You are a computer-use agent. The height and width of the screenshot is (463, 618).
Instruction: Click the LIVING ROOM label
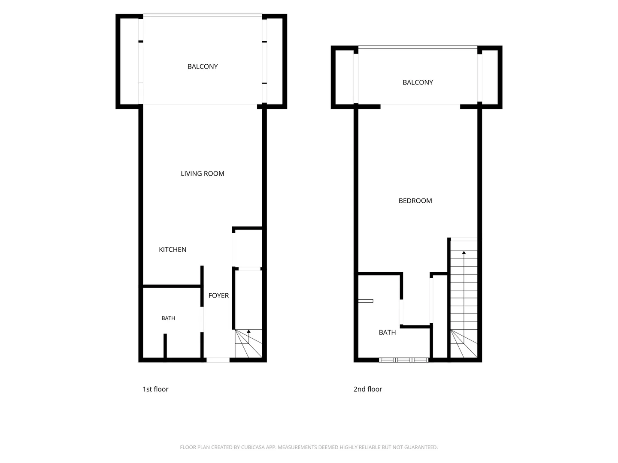[202, 174]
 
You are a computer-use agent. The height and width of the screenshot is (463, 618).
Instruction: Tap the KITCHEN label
[172, 250]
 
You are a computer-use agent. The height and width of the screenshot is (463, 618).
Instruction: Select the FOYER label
[218, 295]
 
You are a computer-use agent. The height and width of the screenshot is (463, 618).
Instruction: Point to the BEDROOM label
[415, 201]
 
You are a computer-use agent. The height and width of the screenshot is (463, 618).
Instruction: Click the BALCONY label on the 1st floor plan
[203, 66]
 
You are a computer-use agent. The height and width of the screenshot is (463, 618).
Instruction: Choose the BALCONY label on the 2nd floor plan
[418, 82]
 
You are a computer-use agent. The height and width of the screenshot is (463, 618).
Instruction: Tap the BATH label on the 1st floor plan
[168, 318]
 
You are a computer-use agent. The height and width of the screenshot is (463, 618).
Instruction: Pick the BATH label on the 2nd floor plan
[387, 332]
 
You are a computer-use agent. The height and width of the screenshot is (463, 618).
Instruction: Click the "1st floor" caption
[155, 389]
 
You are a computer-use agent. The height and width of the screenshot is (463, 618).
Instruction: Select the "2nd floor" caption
[367, 389]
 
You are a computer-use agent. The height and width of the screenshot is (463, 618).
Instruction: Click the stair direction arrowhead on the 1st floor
[248, 331]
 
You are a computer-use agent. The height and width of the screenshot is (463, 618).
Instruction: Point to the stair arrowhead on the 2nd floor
[463, 253]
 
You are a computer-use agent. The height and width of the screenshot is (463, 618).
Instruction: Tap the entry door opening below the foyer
[218, 360]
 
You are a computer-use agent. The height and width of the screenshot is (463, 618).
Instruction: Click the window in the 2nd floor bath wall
[403, 360]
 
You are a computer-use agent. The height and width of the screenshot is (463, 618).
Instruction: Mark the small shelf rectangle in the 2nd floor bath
[366, 301]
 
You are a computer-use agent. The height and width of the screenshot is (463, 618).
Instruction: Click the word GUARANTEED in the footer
[421, 447]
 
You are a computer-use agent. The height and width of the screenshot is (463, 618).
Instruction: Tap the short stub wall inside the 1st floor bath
[165, 346]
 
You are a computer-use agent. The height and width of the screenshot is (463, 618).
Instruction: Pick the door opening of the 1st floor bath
[202, 320]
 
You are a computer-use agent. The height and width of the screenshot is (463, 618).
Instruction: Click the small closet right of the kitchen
[248, 249]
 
